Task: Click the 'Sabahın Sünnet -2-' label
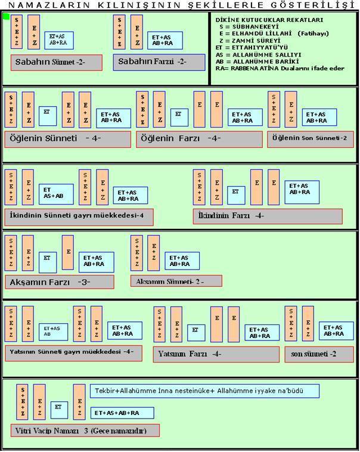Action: click(x=56, y=62)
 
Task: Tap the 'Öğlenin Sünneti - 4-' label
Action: click(x=67, y=139)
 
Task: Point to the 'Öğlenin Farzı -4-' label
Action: click(x=199, y=139)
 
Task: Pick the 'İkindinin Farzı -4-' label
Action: click(x=268, y=215)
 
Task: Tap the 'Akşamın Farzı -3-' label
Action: click(x=58, y=281)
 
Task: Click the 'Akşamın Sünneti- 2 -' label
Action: click(x=176, y=281)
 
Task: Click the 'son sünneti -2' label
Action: click(x=319, y=354)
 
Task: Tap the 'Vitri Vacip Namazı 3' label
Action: click(x=85, y=430)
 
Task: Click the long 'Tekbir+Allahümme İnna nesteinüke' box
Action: click(x=205, y=391)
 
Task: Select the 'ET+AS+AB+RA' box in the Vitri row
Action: click(x=122, y=413)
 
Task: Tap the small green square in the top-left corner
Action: click(x=7, y=16)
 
